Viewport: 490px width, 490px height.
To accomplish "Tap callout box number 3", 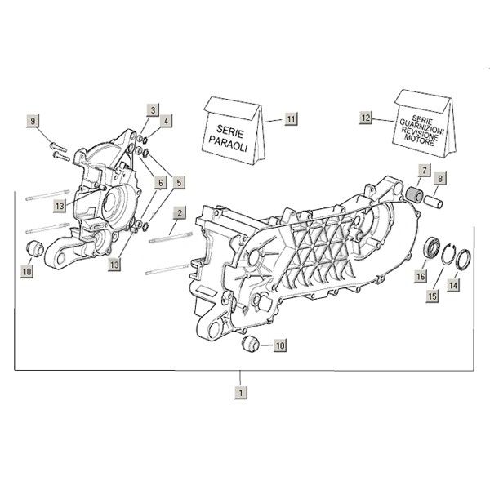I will point(153,109).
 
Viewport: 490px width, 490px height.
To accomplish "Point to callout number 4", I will point(167,121).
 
